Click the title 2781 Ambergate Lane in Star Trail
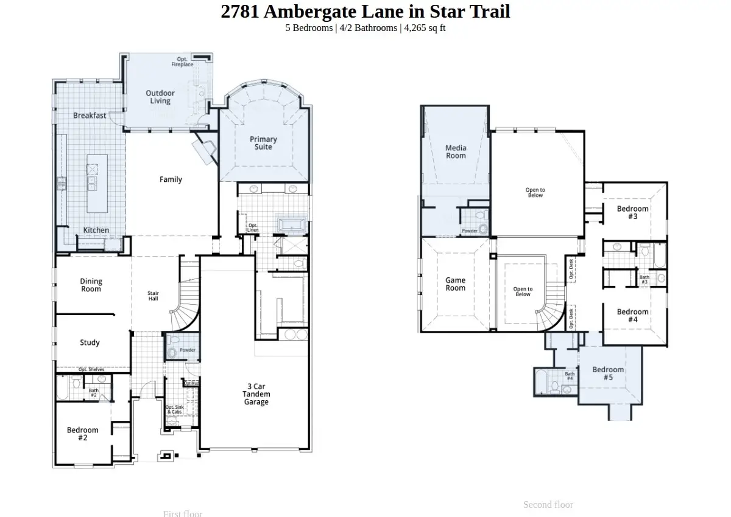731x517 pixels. (x=365, y=12)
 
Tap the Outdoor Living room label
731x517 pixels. (x=160, y=97)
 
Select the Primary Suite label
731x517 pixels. (x=263, y=144)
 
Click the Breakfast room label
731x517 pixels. (x=90, y=116)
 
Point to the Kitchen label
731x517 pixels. (x=96, y=230)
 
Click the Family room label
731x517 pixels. (x=171, y=179)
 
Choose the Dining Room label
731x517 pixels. (x=91, y=285)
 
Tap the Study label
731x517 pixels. (x=90, y=342)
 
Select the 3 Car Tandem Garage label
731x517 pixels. (x=256, y=394)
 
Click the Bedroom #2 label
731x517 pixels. (x=83, y=434)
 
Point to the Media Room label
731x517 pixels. (x=456, y=151)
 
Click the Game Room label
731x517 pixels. (x=455, y=284)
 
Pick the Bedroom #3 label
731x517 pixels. (x=632, y=212)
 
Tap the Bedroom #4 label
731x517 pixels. (x=632, y=316)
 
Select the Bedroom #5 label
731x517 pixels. (x=608, y=373)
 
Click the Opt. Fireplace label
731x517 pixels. (x=182, y=61)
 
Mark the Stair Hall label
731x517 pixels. (x=154, y=296)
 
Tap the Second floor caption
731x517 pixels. (x=548, y=504)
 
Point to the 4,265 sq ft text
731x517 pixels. (x=425, y=28)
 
